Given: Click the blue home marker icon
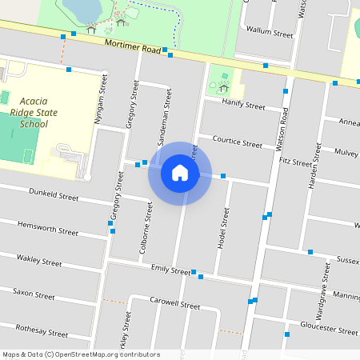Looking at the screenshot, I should (x=179, y=173).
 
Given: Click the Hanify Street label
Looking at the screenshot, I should (x=243, y=105).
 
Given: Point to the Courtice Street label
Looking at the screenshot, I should (x=237, y=142).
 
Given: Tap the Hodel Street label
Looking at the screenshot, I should (x=225, y=227).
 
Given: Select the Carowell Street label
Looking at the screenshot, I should (x=174, y=303).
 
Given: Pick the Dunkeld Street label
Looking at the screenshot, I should (x=54, y=196).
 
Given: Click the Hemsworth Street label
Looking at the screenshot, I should (x=48, y=229).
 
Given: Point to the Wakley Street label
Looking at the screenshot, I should (x=39, y=260).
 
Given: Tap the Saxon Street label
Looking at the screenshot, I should (x=34, y=294).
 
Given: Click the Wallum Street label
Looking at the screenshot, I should (x=270, y=33).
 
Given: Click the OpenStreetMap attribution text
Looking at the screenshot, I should (x=81, y=354).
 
